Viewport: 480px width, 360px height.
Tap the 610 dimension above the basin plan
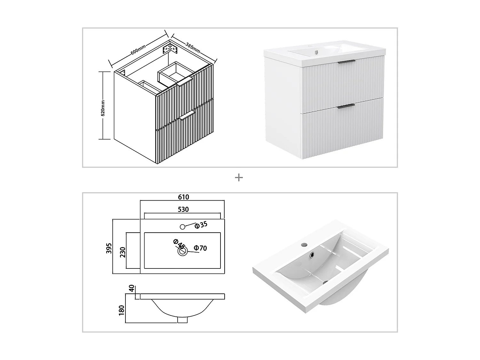point(183,197)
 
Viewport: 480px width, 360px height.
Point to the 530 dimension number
point(183,210)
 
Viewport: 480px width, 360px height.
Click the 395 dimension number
point(109,248)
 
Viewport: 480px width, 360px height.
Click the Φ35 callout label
point(201,225)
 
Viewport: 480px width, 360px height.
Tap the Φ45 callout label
point(179,244)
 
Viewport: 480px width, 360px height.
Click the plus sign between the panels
point(239,178)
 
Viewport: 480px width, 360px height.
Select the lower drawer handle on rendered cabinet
point(346,105)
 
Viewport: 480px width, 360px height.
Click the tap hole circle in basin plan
point(182,227)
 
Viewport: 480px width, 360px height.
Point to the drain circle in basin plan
point(182,252)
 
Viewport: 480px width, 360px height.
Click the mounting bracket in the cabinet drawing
point(169,49)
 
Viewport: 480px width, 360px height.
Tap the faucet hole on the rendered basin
point(304,245)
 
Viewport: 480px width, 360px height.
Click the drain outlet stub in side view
point(182,320)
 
